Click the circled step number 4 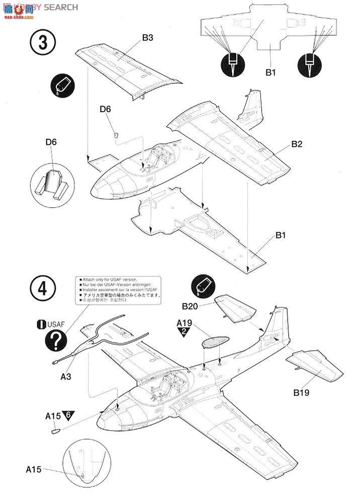43,289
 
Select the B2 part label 296,144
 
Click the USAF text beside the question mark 55,324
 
